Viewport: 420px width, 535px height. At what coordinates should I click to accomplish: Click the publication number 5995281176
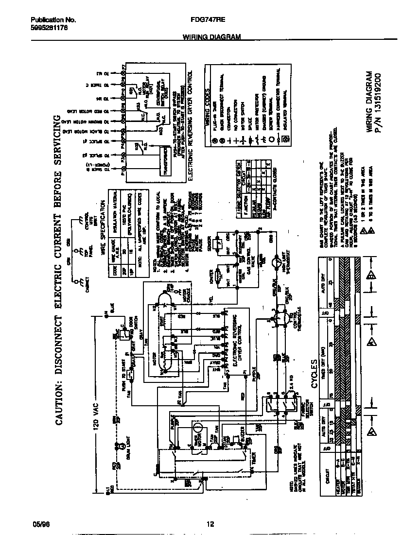coord(49,28)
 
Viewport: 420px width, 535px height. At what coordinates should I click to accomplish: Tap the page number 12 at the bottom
coord(210,524)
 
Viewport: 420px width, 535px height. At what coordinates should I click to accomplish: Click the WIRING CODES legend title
coord(208,104)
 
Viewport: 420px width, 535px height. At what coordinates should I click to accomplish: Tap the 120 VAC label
coord(96,411)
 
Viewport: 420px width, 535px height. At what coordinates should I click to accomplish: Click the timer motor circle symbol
coord(197,428)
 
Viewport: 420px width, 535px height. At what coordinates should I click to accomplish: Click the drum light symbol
coord(117,444)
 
